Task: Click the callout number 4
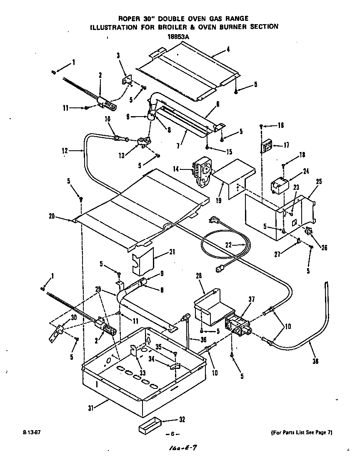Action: pos(228,49)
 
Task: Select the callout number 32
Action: pos(182,419)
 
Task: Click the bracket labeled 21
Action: pos(142,260)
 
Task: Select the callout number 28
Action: pos(199,276)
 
